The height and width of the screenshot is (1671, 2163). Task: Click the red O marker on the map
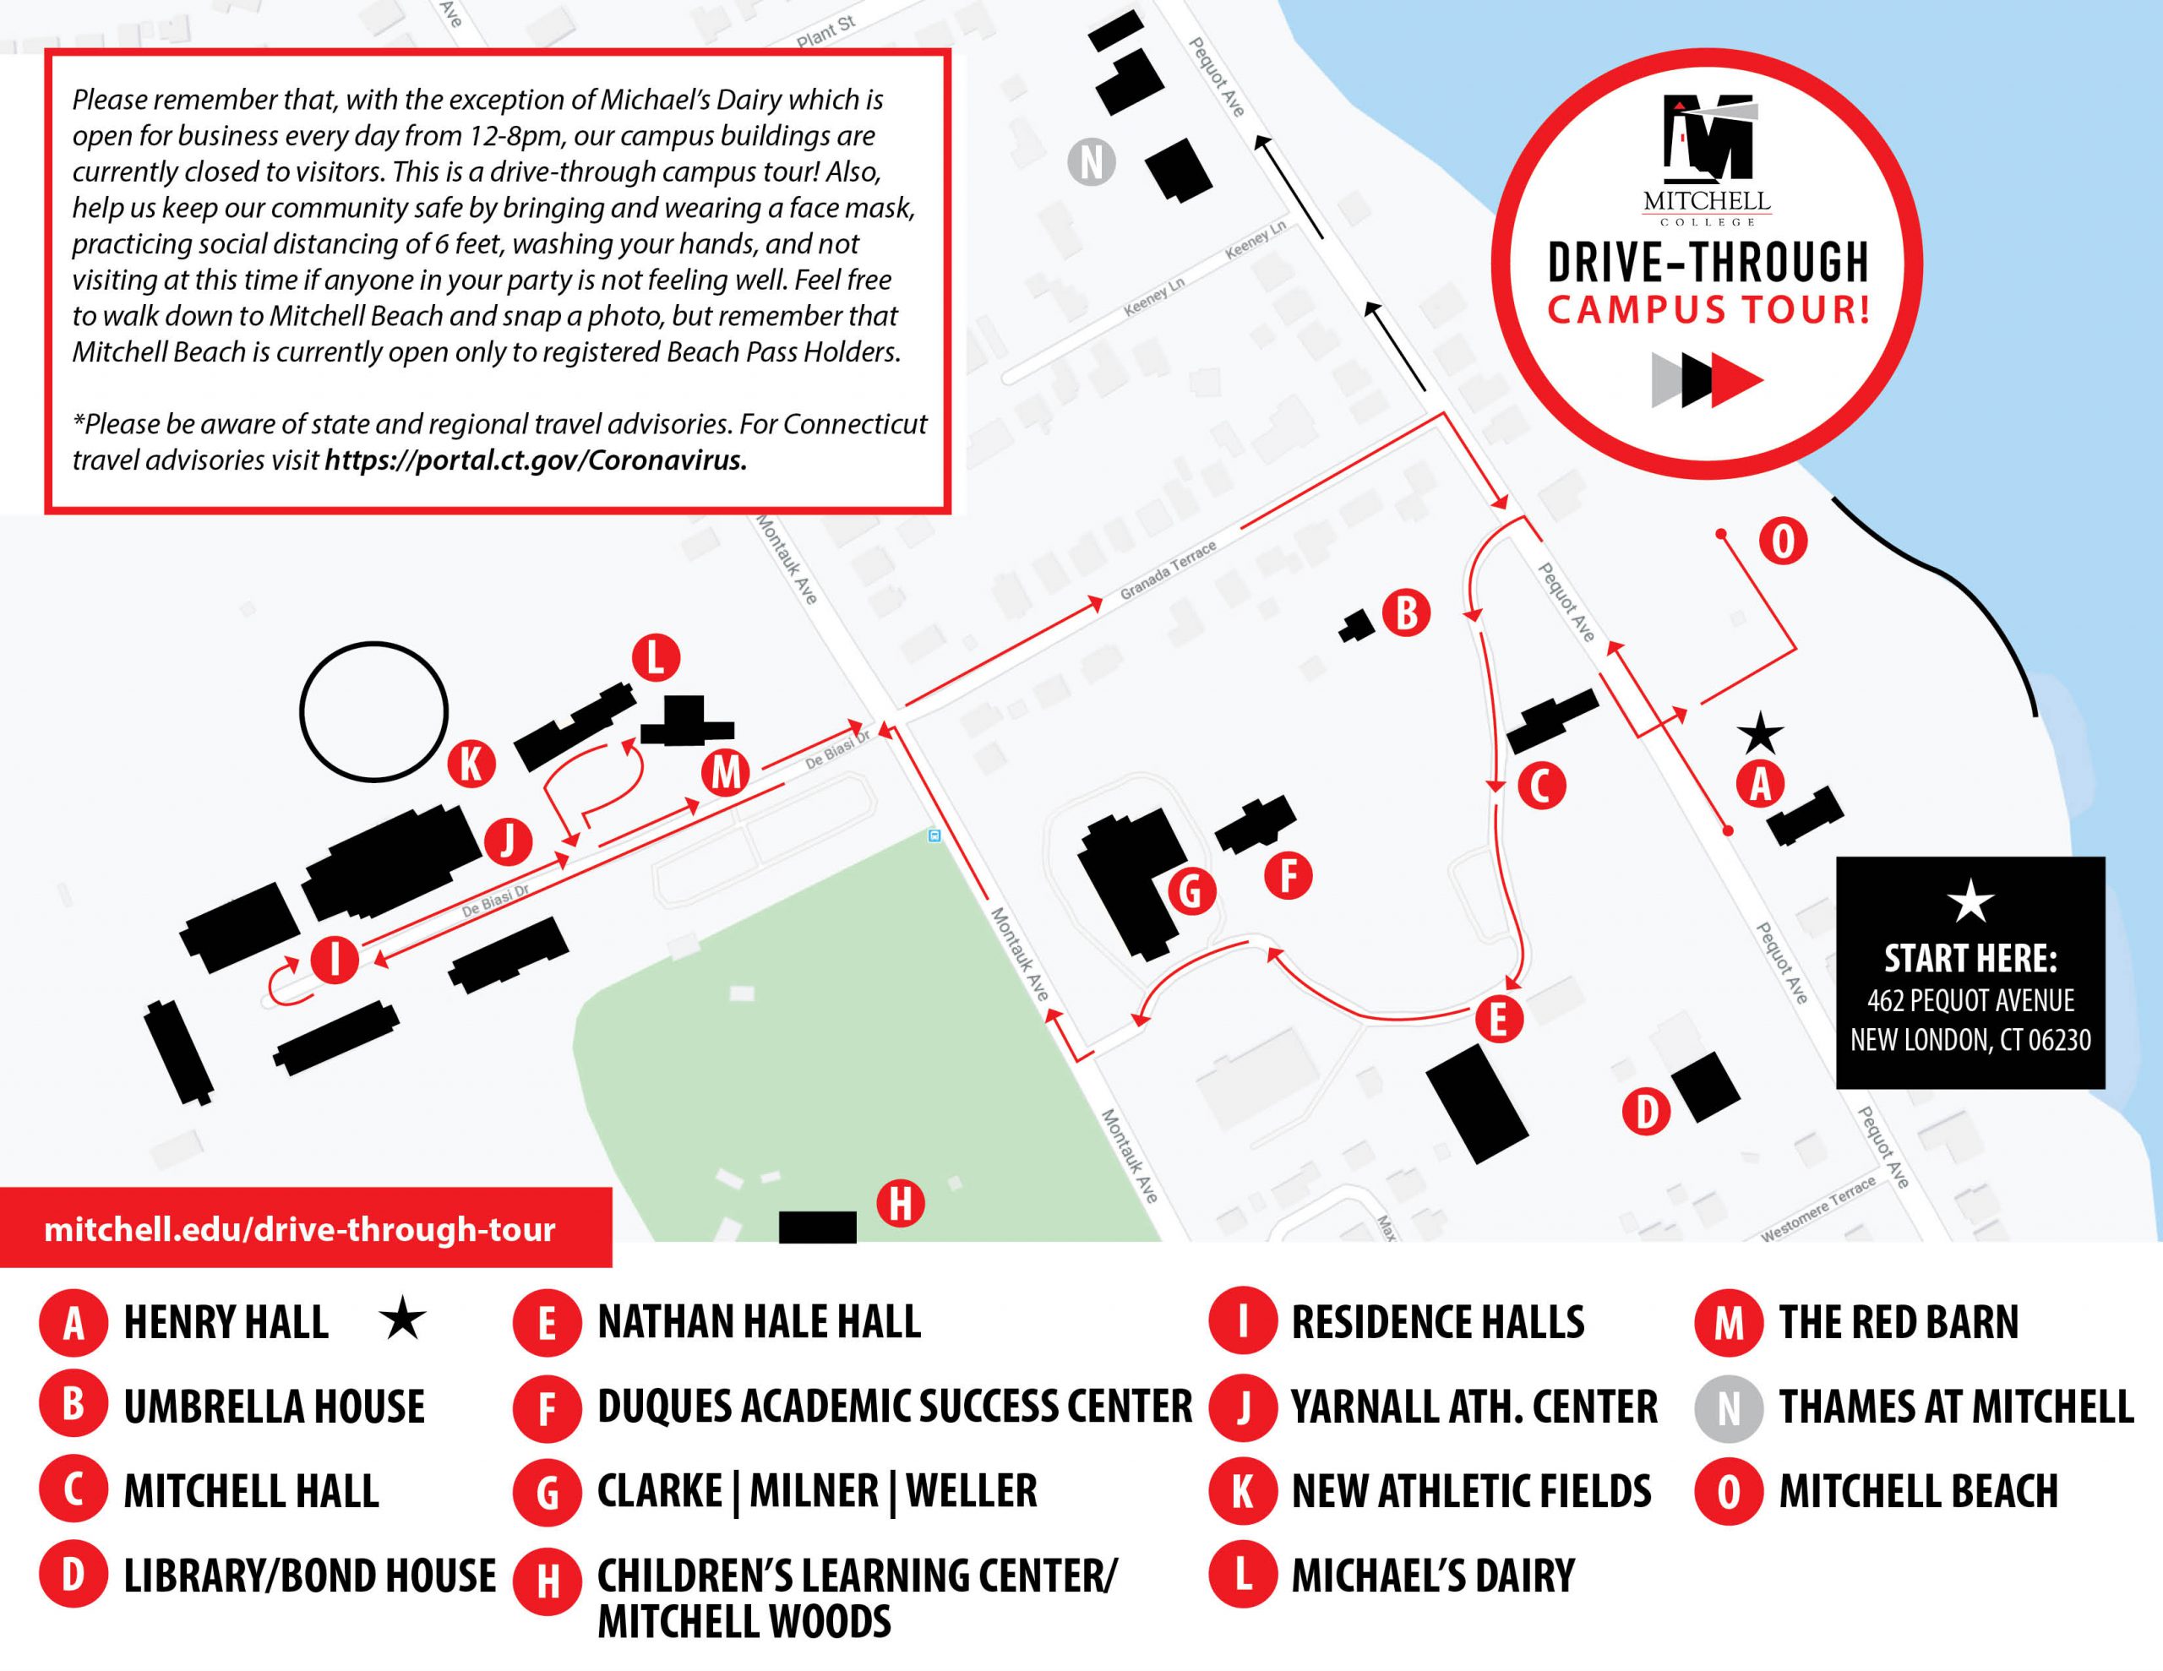[x=1783, y=542]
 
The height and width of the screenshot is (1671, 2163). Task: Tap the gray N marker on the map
[x=1092, y=162]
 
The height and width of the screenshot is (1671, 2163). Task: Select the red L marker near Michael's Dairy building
[x=656, y=658]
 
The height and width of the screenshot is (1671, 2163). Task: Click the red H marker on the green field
[x=900, y=1205]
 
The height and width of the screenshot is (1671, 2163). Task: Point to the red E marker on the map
[x=1498, y=1018]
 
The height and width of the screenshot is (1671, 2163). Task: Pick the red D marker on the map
[x=1646, y=1112]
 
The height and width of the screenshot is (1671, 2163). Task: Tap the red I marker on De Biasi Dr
[x=335, y=960]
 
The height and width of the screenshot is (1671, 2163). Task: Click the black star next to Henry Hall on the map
[x=1760, y=734]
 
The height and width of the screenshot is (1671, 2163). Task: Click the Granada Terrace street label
[x=1168, y=572]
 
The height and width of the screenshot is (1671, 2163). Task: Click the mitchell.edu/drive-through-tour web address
[x=299, y=1229]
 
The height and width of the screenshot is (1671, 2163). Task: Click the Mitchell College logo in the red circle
[x=1708, y=159]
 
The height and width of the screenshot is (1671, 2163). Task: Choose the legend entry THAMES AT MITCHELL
[x=1955, y=1407]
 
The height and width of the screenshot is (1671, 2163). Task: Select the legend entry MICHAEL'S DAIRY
[x=1432, y=1575]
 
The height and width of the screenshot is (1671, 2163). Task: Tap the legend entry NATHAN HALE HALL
[x=759, y=1322]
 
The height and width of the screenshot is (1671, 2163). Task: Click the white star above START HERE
[x=1970, y=901]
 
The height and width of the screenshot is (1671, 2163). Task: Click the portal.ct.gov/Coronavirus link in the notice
[x=536, y=460]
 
